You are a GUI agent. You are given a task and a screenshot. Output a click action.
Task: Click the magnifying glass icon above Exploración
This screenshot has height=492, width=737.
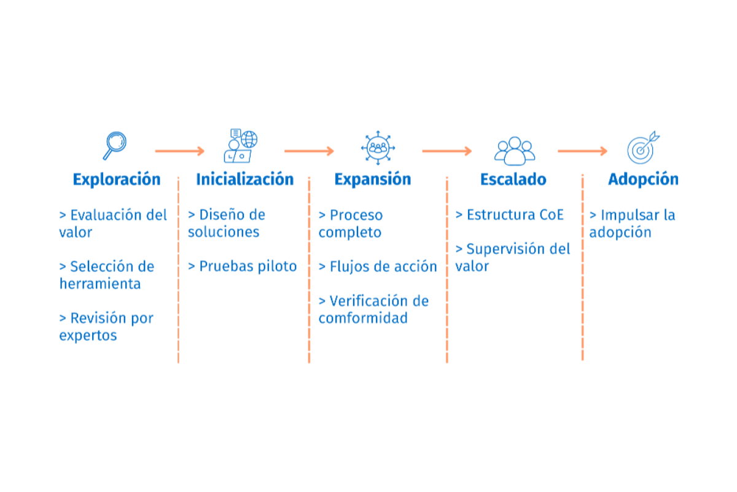pyautogui.click(x=115, y=145)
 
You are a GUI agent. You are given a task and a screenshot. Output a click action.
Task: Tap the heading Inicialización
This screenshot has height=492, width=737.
pyautogui.click(x=244, y=180)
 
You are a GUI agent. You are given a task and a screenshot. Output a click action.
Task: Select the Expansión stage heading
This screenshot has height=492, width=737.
pyautogui.click(x=372, y=180)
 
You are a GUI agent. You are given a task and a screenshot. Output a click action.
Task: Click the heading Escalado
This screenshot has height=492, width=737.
pyautogui.click(x=513, y=180)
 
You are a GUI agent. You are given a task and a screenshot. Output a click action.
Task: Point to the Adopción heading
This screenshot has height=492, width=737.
pyautogui.click(x=643, y=180)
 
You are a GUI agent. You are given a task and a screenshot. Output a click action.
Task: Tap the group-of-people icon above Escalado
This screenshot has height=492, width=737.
pyautogui.click(x=515, y=150)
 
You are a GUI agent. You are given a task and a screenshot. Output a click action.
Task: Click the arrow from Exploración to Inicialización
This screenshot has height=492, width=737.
pyautogui.click(x=179, y=151)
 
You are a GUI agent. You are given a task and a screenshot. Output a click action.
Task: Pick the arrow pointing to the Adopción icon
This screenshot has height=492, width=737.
pyautogui.click(x=582, y=151)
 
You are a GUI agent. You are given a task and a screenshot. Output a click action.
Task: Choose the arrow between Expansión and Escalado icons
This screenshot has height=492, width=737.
pyautogui.click(x=446, y=151)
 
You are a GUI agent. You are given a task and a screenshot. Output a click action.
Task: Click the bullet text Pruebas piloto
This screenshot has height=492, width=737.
pyautogui.click(x=248, y=267)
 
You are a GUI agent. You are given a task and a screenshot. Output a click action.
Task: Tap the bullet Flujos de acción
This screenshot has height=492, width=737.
pyautogui.click(x=383, y=267)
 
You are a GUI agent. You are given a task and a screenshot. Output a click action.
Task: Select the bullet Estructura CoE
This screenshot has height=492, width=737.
pyautogui.click(x=515, y=215)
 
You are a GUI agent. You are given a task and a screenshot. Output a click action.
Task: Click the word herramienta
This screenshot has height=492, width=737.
pyautogui.click(x=100, y=284)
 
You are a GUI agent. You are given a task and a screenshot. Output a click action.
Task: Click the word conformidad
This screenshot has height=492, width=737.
pyautogui.click(x=363, y=319)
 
